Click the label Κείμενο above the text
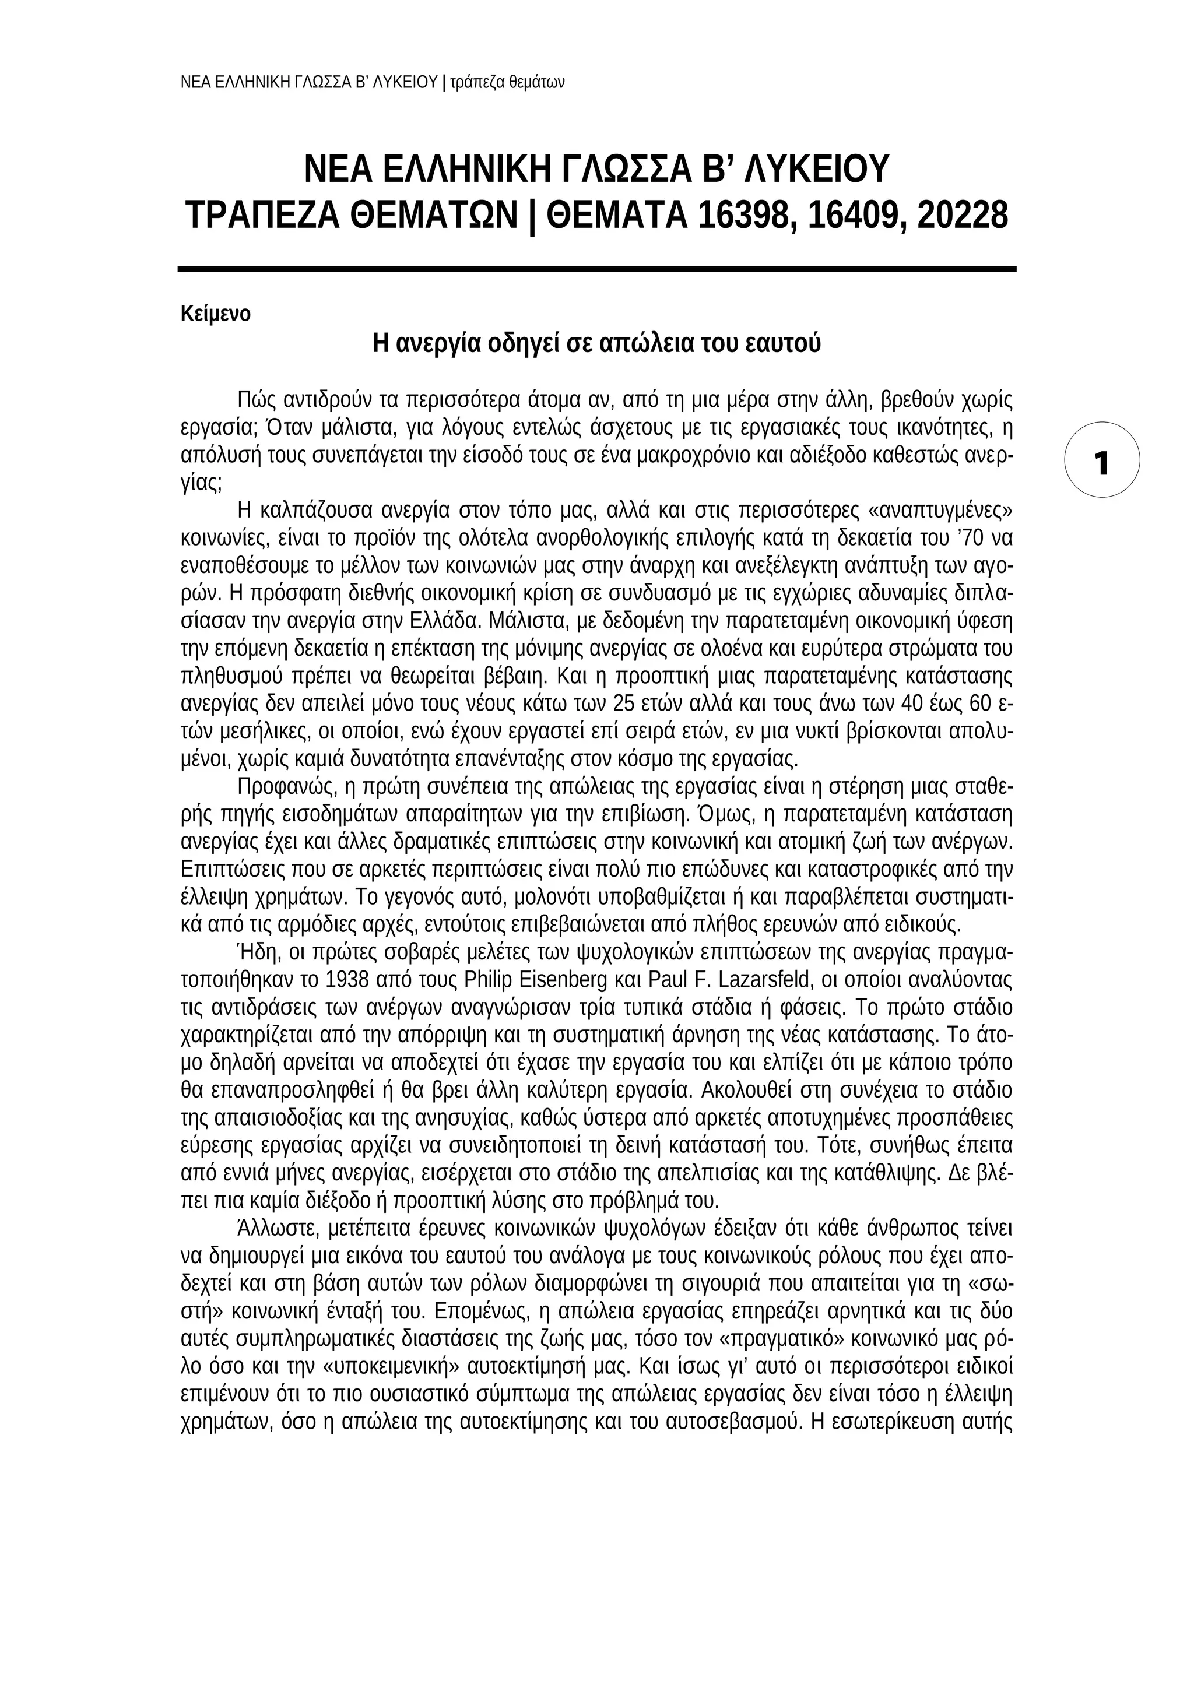click(x=215, y=314)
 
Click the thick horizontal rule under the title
click(x=596, y=269)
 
